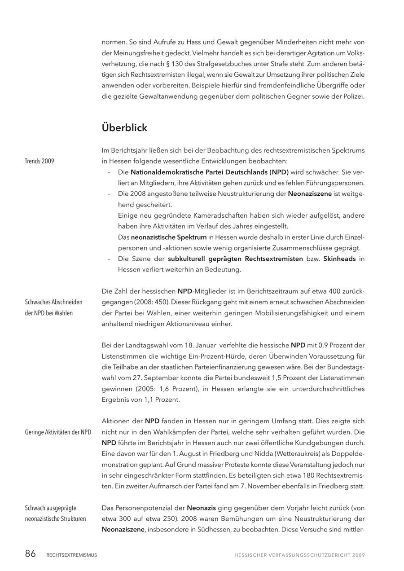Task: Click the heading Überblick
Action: click(124, 128)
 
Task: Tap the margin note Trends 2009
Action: click(40, 161)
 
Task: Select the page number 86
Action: click(30, 554)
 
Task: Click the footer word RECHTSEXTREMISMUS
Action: click(71, 555)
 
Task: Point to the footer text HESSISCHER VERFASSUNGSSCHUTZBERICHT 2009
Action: click(299, 555)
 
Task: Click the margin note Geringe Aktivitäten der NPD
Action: click(58, 432)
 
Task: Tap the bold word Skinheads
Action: click(339, 259)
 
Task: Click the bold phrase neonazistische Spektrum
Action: click(169, 237)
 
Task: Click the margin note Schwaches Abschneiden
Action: click(53, 302)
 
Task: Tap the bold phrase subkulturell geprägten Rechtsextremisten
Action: click(235, 259)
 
